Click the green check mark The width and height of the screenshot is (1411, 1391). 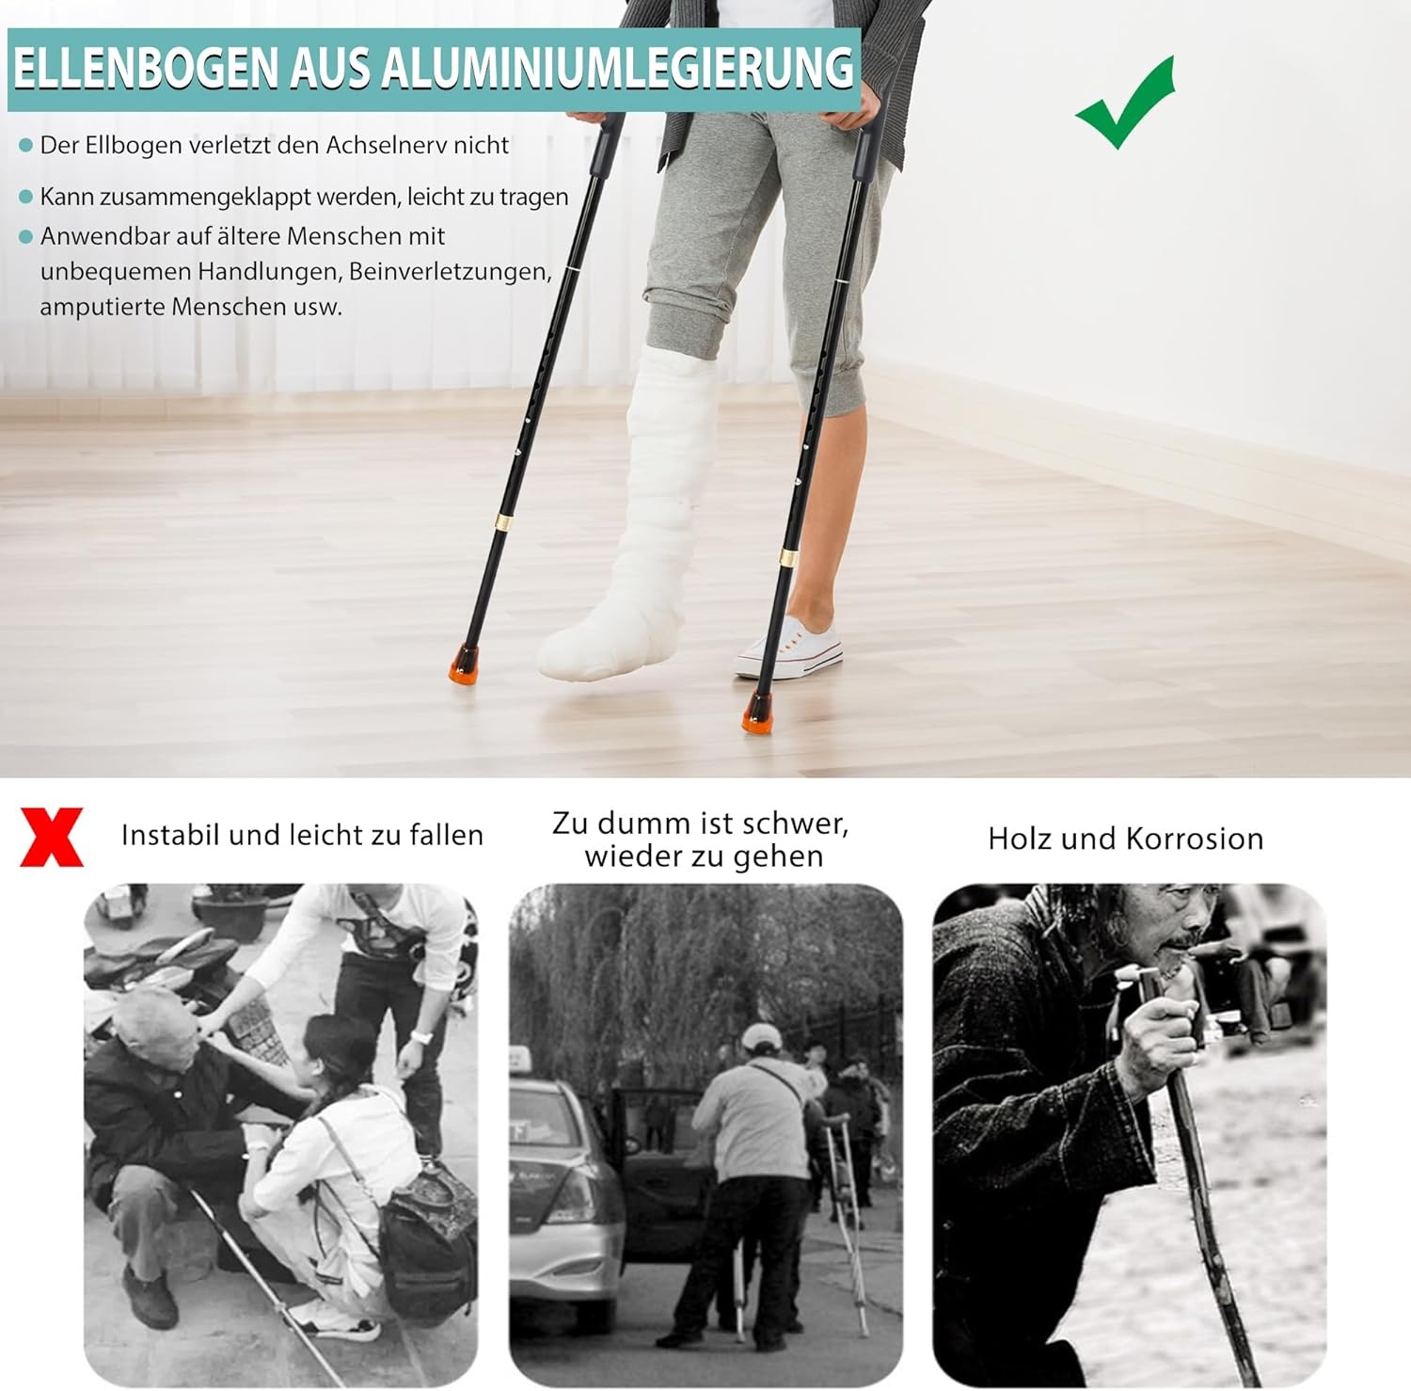pyautogui.click(x=1125, y=105)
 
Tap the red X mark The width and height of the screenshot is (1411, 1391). pyautogui.click(x=52, y=837)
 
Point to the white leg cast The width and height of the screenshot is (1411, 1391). pyautogui.click(x=649, y=527)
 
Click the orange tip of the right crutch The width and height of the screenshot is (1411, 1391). pyautogui.click(x=757, y=712)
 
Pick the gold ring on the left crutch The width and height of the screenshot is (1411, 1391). pyautogui.click(x=504, y=520)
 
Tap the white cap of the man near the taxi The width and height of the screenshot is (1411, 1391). pyautogui.click(x=760, y=1037)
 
